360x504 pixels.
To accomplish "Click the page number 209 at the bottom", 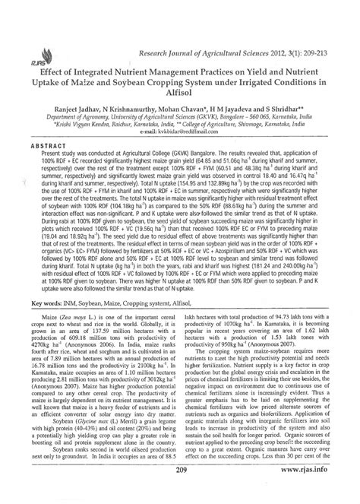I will pos(180,492).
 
